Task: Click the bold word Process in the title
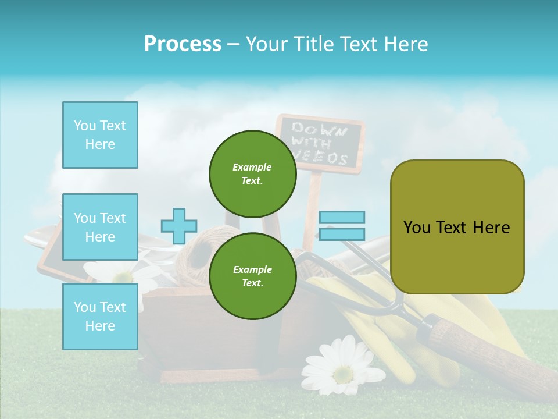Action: click(x=183, y=44)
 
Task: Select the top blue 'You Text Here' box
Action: click(x=100, y=135)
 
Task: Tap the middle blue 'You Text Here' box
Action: click(x=100, y=227)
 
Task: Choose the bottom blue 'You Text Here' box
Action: click(x=100, y=316)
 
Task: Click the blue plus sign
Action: click(x=179, y=226)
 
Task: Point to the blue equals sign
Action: click(x=342, y=226)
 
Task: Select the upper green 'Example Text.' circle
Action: click(x=252, y=173)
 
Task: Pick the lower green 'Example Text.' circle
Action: click(x=252, y=276)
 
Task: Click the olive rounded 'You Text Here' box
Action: click(x=457, y=227)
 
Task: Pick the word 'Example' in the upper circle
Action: click(x=252, y=167)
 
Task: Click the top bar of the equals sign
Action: click(x=342, y=218)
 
